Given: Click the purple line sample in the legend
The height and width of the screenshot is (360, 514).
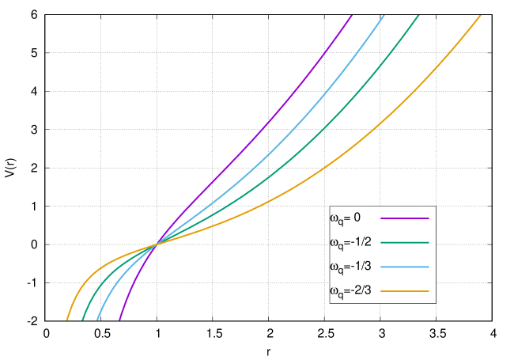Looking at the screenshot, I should pos(405,218).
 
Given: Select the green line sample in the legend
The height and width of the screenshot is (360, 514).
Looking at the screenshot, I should pos(405,243).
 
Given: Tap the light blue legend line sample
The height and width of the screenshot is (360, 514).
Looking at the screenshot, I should pos(405,267).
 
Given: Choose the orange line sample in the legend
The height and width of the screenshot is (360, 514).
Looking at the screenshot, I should pos(405,292).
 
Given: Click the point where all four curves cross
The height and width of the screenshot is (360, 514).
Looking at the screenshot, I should pos(155,244).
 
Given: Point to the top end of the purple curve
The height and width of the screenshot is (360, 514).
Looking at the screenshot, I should pos(352,15).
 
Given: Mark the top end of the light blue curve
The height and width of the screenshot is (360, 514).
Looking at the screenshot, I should pos(384,15).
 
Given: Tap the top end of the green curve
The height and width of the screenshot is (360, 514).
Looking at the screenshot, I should pos(418,15).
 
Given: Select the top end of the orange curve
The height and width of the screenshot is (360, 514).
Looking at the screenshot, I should pos(481,15).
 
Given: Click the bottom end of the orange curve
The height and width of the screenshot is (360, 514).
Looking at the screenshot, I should pos(67,320).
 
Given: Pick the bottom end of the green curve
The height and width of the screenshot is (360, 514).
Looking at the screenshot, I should pos(82,320).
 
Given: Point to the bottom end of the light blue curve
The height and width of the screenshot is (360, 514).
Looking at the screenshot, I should pos(97,320).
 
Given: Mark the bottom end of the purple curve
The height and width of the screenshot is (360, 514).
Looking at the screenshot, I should pos(119,320).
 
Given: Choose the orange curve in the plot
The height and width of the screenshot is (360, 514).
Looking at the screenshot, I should pos(356,142).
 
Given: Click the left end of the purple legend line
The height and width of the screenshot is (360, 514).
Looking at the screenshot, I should pos(381,218).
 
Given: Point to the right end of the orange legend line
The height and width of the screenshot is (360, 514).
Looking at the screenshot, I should pos(429,292).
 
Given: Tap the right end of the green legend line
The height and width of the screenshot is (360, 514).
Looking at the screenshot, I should pos(429,243).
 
